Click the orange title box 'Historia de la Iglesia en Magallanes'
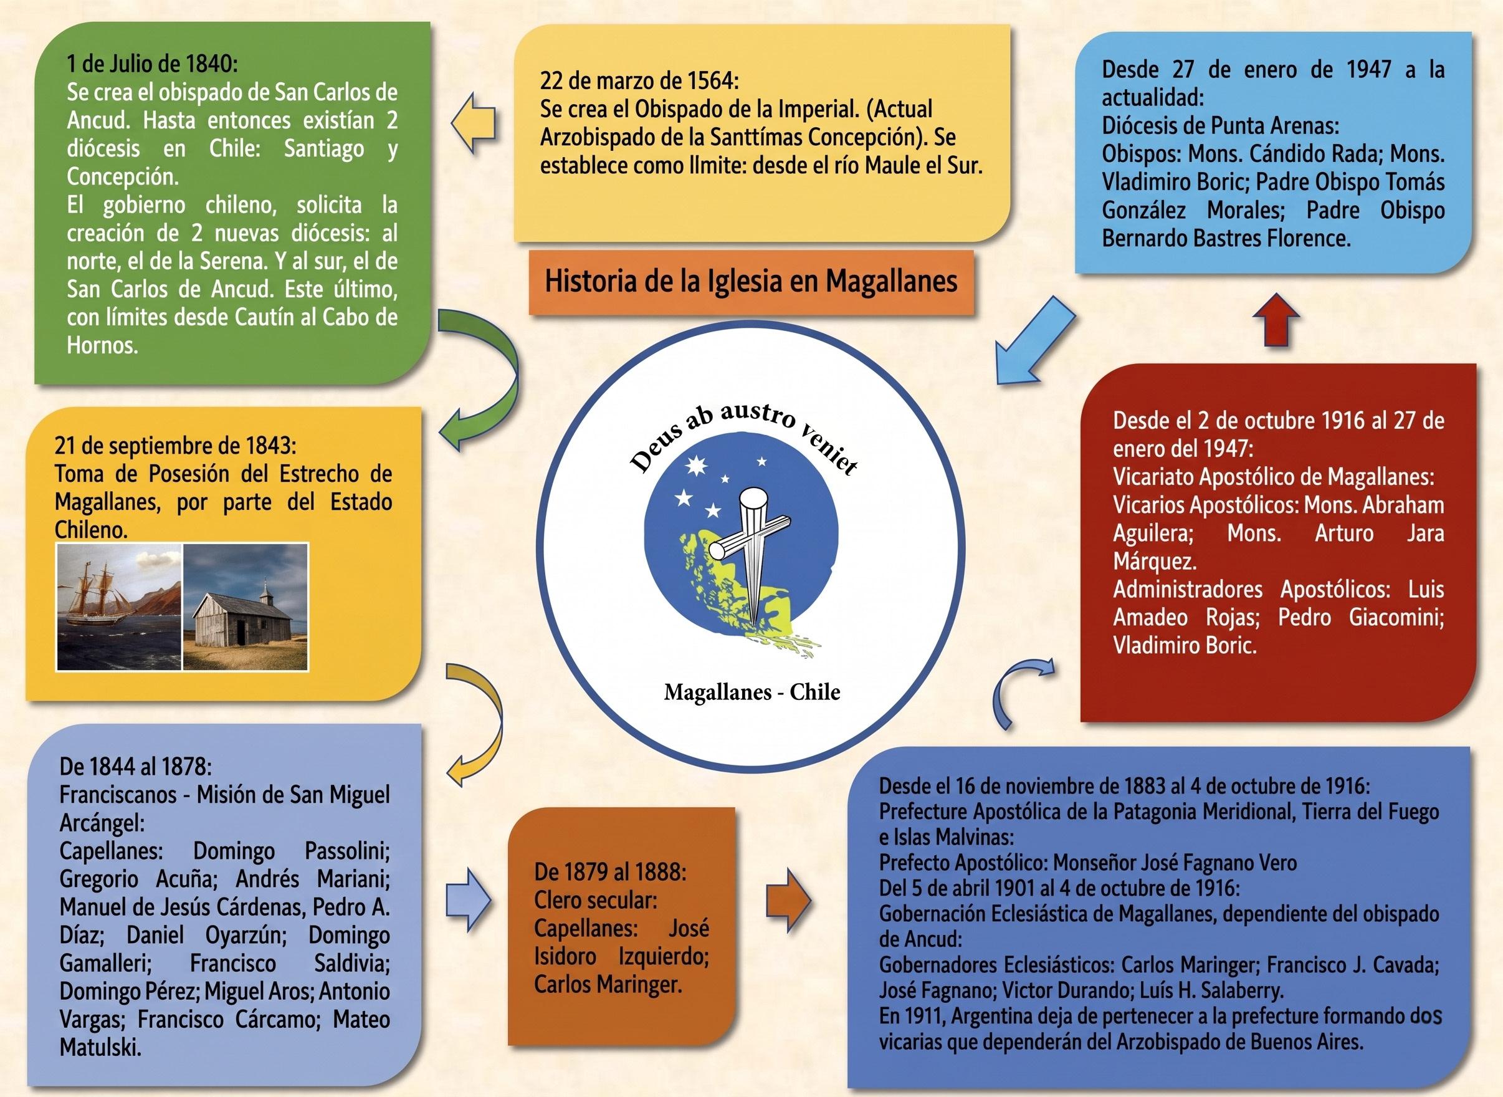pyautogui.click(x=751, y=282)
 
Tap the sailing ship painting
pyautogui.click(x=120, y=607)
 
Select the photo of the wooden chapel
pyautogui.click(x=246, y=607)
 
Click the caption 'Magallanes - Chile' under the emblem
pyautogui.click(x=752, y=692)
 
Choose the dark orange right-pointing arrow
pyautogui.click(x=789, y=901)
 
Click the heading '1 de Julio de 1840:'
pyautogui.click(x=152, y=64)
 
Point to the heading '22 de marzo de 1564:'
pyautogui.click(x=639, y=80)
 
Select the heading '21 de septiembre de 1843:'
pyautogui.click(x=176, y=444)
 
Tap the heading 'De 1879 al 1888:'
pyautogui.click(x=610, y=871)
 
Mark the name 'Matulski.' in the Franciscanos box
pyautogui.click(x=100, y=1047)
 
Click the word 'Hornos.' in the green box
pyautogui.click(x=102, y=345)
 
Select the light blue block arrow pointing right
pyautogui.click(x=469, y=901)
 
